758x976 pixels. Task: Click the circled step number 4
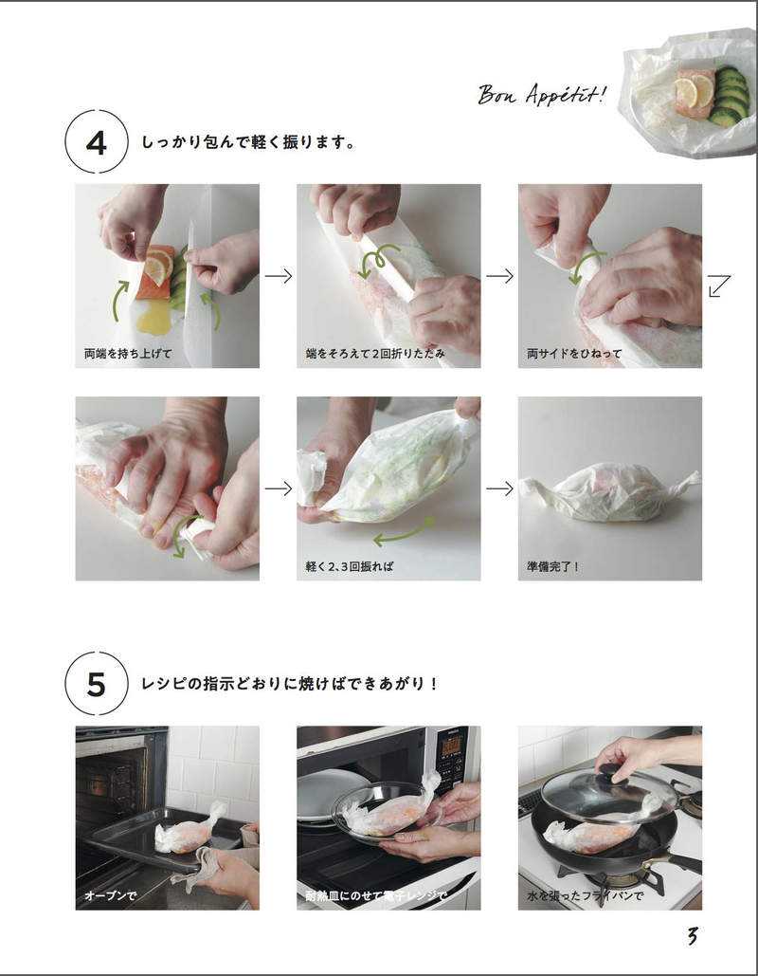point(96,143)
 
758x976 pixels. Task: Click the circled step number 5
point(96,684)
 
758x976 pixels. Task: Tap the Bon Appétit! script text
point(541,94)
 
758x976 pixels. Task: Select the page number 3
point(693,935)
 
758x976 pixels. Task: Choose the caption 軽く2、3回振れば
point(349,566)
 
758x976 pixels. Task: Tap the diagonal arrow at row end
point(719,285)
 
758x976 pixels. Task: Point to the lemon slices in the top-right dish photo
point(691,90)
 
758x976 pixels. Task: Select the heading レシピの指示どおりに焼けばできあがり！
point(290,684)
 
